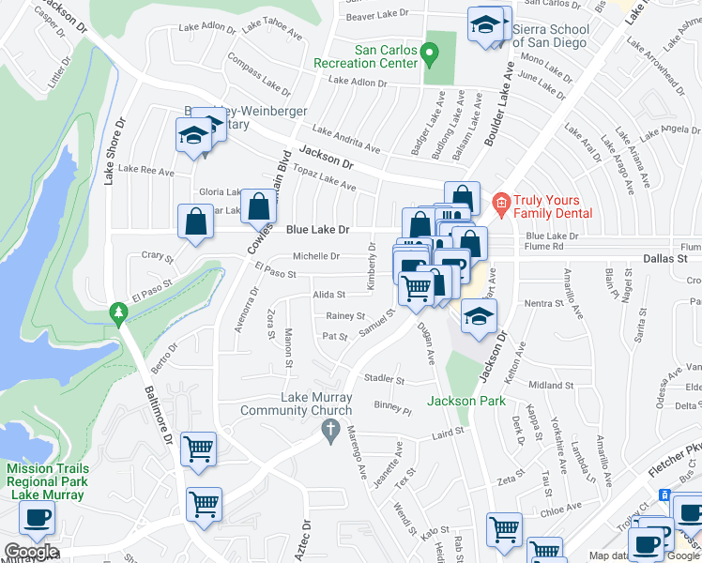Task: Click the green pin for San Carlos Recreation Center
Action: click(431, 56)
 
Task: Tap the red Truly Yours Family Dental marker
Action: click(500, 202)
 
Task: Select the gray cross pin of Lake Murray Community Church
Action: click(329, 431)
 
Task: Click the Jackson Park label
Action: click(466, 401)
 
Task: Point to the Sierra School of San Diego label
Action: click(551, 36)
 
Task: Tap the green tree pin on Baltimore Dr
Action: click(117, 312)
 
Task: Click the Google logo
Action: click(30, 552)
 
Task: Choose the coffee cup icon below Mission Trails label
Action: click(37, 517)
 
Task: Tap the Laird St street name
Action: click(449, 432)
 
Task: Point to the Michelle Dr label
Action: click(316, 255)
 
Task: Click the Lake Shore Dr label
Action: click(114, 150)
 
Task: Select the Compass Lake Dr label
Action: click(259, 77)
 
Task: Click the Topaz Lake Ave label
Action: click(325, 179)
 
